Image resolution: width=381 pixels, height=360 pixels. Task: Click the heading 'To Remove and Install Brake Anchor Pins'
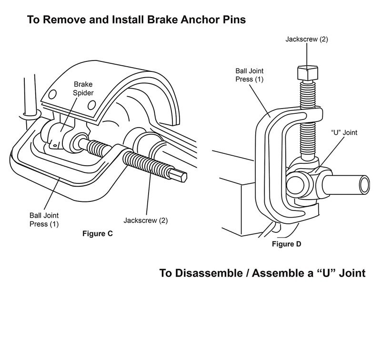point(136,20)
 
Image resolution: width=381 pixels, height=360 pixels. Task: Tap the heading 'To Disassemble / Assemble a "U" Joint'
point(262,273)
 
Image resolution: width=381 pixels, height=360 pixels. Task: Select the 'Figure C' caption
point(98,233)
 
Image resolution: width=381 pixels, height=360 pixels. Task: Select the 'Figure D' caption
point(287,244)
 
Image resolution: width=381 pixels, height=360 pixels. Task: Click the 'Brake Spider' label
point(83,89)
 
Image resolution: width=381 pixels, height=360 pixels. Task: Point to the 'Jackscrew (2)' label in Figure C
point(146,220)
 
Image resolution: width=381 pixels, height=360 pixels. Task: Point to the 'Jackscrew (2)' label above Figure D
point(307,39)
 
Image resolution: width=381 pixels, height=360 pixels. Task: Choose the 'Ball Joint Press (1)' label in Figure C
point(44,220)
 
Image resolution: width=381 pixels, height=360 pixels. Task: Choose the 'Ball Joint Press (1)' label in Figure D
point(249,75)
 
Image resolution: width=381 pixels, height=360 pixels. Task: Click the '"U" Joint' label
point(344,133)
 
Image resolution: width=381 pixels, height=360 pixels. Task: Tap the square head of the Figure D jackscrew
point(308,73)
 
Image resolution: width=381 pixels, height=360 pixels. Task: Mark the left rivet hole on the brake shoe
point(52,94)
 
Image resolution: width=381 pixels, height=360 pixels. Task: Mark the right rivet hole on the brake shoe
point(91,105)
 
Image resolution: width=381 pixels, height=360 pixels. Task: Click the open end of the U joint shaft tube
point(364,185)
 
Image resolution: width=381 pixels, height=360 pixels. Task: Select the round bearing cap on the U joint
point(295,185)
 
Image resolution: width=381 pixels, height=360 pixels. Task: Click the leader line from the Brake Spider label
point(69,114)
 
